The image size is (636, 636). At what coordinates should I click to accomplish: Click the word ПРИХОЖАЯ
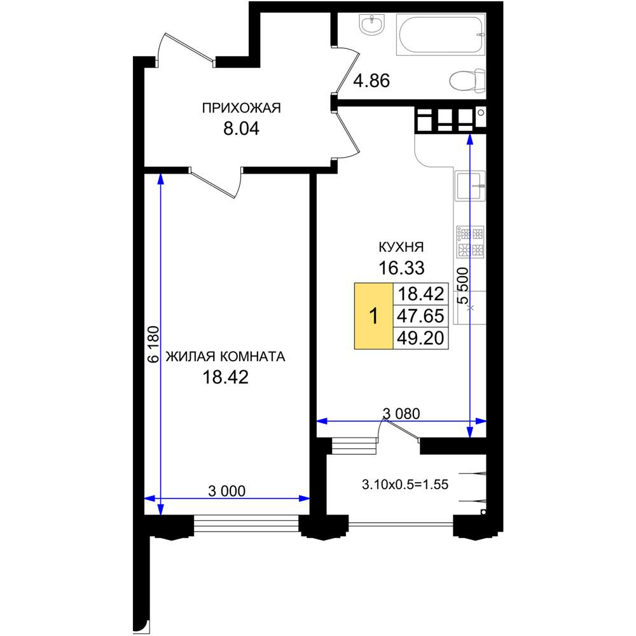click(241, 108)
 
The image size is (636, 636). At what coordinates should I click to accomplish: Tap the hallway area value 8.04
click(241, 128)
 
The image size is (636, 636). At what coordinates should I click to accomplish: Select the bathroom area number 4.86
click(371, 81)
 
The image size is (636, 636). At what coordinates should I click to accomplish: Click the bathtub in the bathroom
click(441, 34)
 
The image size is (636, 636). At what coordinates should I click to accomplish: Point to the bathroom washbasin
click(371, 24)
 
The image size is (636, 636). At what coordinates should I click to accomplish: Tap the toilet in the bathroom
click(467, 80)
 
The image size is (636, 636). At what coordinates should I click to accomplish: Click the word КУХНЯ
click(401, 247)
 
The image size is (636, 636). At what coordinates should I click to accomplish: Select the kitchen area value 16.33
click(401, 268)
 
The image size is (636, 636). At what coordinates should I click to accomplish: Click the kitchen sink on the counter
click(470, 186)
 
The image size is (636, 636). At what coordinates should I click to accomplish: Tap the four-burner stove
click(470, 242)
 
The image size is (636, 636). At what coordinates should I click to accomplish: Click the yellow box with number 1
click(373, 316)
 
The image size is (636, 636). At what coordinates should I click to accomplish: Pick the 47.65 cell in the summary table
click(420, 316)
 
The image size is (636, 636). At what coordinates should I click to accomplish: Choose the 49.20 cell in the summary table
click(420, 338)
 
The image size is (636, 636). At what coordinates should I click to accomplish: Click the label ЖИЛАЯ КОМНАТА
click(226, 357)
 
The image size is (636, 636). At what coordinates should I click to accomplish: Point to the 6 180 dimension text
click(154, 344)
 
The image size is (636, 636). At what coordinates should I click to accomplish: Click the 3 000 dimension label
click(227, 491)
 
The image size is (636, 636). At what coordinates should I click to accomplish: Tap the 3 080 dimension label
click(401, 414)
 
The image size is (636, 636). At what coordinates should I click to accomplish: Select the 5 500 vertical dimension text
click(462, 286)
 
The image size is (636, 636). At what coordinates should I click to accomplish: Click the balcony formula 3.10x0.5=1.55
click(404, 484)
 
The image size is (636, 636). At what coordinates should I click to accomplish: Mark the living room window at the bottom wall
click(246, 523)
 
